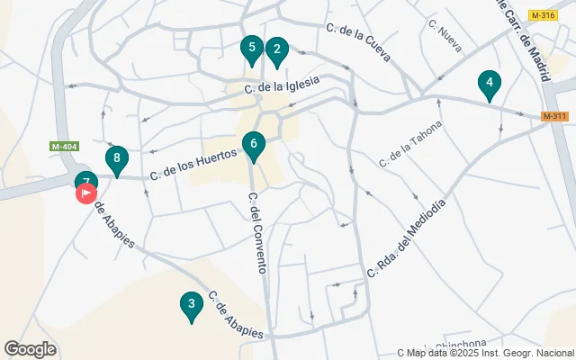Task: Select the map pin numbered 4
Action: pos(490,85)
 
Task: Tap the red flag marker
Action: pos(87,193)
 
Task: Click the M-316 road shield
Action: pos(543,15)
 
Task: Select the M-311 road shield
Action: pos(554,116)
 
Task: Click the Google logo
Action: pos(31,349)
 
